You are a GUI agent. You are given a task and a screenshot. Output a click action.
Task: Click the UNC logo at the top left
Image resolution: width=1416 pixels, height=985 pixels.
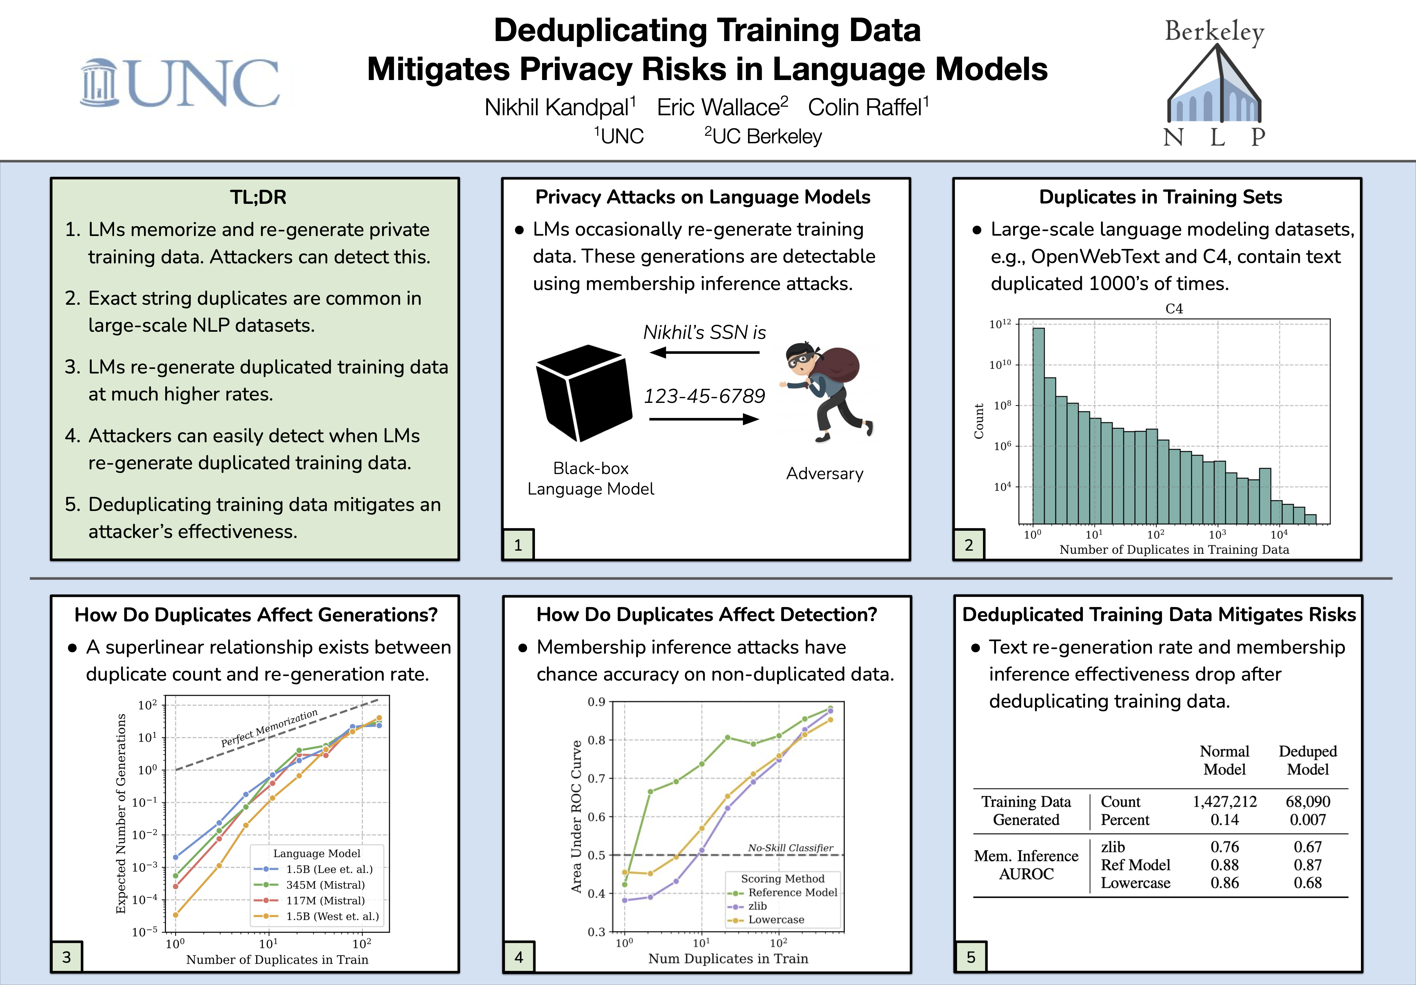180,83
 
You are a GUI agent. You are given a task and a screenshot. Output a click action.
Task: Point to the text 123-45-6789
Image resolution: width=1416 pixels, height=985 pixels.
704,396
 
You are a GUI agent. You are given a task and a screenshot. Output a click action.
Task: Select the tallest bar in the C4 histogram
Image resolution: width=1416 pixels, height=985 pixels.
1038,425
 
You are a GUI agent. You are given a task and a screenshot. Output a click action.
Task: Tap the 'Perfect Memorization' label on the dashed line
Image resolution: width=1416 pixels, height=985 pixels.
270,728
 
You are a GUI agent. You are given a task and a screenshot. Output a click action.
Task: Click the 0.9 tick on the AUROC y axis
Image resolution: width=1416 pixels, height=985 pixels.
596,702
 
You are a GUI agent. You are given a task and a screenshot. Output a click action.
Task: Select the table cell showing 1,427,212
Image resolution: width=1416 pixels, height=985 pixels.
1224,801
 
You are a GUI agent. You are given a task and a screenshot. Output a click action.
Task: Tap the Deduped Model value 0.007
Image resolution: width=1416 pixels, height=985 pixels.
1308,820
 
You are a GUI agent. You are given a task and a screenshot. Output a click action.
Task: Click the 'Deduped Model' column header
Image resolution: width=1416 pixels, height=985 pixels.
1308,760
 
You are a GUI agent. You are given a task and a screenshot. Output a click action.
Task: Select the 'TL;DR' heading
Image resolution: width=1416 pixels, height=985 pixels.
258,197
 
